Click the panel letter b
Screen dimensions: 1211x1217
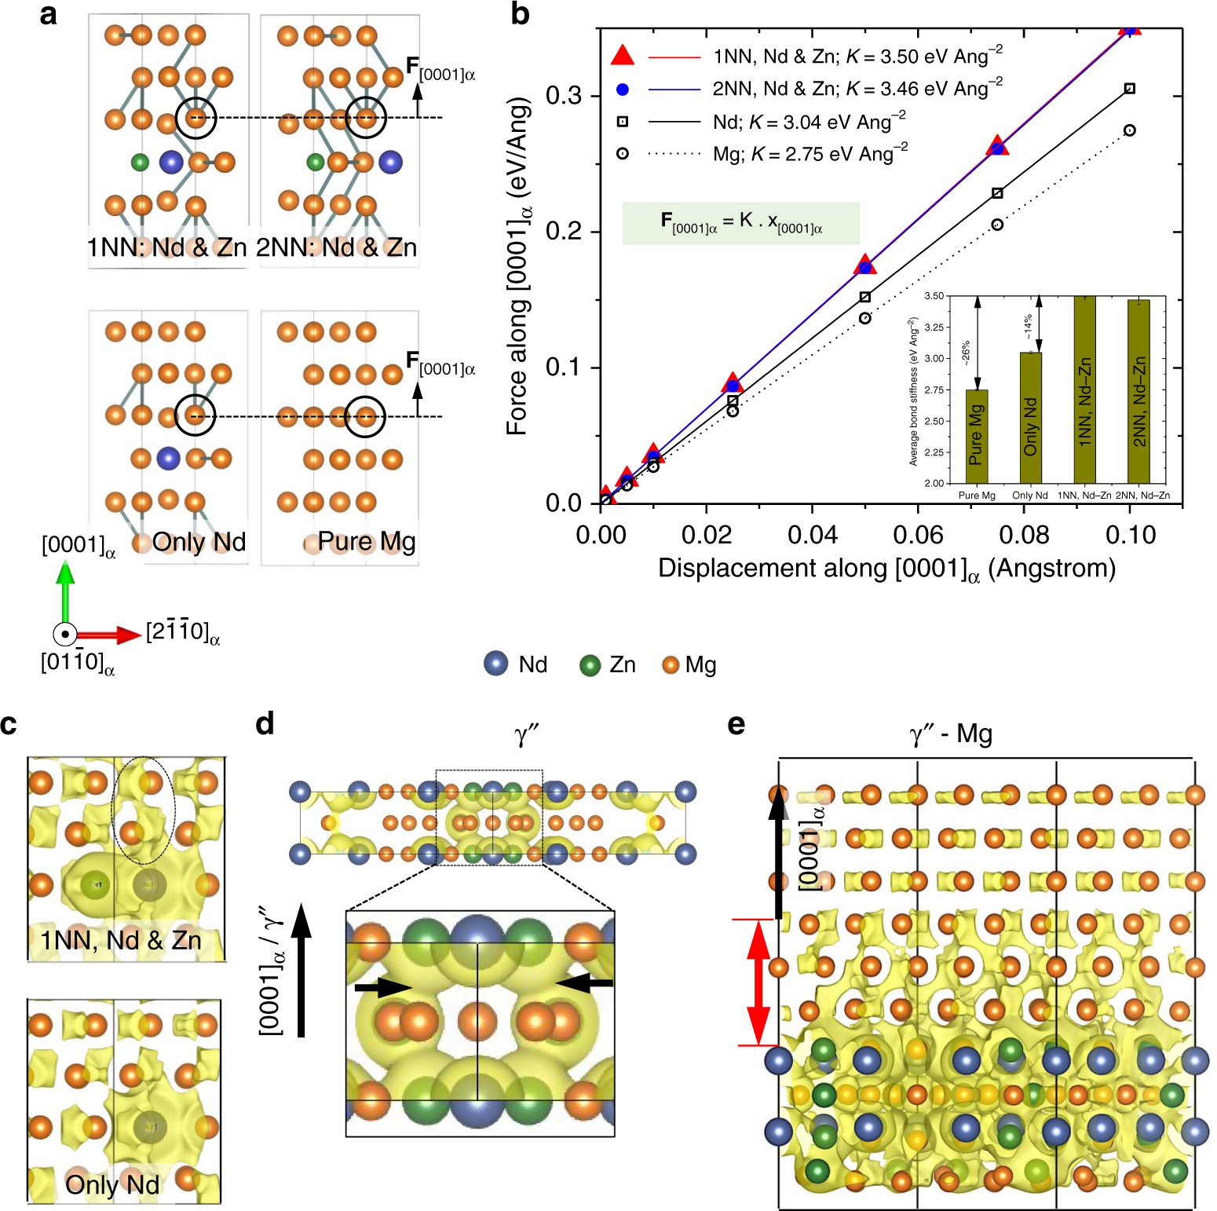tap(520, 14)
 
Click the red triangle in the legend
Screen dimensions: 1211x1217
tap(623, 56)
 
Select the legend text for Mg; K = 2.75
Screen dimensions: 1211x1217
tap(810, 154)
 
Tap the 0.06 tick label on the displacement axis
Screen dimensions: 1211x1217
tap(919, 536)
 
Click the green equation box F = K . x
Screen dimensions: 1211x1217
tap(740, 224)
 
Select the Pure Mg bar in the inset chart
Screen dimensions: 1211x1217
tap(976, 436)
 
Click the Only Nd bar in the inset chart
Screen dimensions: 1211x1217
tap(1030, 417)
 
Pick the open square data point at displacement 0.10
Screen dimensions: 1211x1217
tap(1129, 89)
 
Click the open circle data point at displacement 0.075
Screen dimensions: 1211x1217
tap(997, 225)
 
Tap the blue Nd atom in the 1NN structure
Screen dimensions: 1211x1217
tap(171, 163)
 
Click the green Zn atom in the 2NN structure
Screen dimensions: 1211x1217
tap(315, 163)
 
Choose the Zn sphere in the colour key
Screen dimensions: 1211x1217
tap(590, 665)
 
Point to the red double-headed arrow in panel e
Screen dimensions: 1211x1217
tap(758, 982)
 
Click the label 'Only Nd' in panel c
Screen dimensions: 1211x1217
tap(112, 1184)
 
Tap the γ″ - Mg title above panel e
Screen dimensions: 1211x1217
tap(950, 735)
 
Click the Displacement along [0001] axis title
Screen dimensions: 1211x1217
tap(886, 569)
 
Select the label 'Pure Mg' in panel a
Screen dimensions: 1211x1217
tap(366, 542)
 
